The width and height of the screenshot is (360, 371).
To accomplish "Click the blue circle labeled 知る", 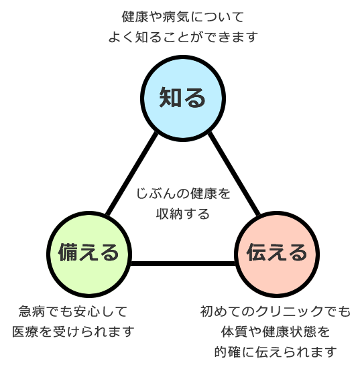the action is (182, 98).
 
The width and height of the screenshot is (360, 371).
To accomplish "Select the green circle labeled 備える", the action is (88, 254).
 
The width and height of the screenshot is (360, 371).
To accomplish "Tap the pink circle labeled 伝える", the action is (277, 254).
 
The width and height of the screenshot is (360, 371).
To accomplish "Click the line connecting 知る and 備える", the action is (131, 174).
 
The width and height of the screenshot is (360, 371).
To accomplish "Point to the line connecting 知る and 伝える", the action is (234, 174).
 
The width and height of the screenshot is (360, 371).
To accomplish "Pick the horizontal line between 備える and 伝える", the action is (182, 263).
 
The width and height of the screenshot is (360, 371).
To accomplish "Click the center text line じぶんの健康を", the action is (183, 194).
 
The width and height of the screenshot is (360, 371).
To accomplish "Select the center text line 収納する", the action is (183, 214).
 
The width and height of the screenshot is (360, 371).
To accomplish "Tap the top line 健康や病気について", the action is (183, 17).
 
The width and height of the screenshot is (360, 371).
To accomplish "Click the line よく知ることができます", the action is (183, 37).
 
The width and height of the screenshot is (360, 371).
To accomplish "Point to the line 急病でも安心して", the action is (73, 311).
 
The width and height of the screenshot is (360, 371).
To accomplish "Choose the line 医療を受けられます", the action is (73, 331).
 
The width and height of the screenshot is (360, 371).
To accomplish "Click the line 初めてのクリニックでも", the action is (276, 311).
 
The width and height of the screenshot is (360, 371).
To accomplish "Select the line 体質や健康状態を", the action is (276, 331).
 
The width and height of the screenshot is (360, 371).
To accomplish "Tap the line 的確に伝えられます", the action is (276, 352).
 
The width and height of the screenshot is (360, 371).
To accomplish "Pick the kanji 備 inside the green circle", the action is (68, 252).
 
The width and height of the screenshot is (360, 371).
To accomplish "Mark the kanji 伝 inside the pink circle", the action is (257, 252).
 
